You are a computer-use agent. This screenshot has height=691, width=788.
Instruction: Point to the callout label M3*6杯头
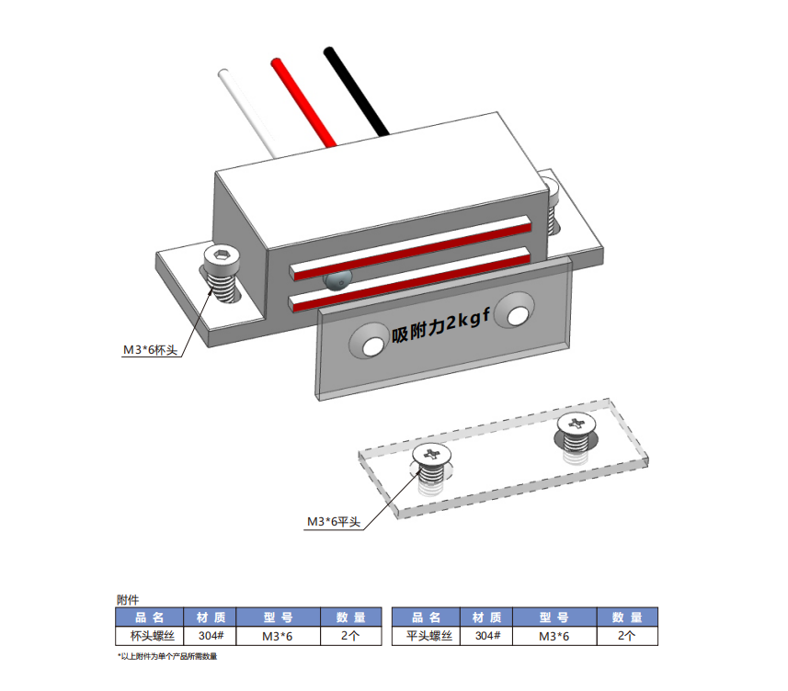[x=150, y=350]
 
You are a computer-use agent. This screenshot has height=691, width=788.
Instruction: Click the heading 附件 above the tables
[x=129, y=599]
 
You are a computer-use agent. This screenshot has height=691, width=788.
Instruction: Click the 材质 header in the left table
[x=211, y=617]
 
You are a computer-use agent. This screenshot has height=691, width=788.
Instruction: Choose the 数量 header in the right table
[x=629, y=617]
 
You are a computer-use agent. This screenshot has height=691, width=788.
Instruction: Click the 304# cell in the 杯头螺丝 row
[x=211, y=636]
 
